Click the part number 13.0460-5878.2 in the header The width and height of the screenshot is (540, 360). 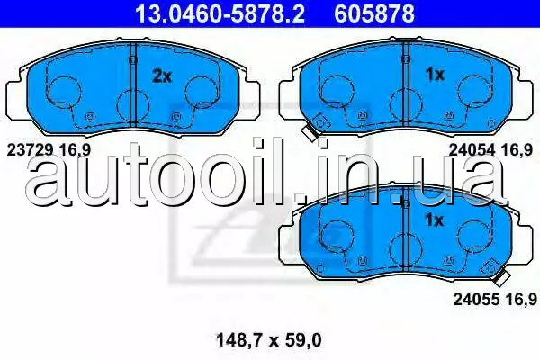220,13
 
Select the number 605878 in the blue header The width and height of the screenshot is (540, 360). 374,13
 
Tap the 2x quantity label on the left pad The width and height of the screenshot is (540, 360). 162,76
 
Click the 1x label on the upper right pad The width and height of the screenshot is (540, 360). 435,75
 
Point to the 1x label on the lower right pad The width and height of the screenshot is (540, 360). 435,220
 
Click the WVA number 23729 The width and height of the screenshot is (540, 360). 30,150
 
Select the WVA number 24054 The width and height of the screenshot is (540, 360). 472,150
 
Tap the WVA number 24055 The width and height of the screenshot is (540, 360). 476,299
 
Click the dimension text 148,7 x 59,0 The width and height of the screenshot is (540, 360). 268,340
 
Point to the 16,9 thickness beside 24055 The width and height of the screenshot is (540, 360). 521,299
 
